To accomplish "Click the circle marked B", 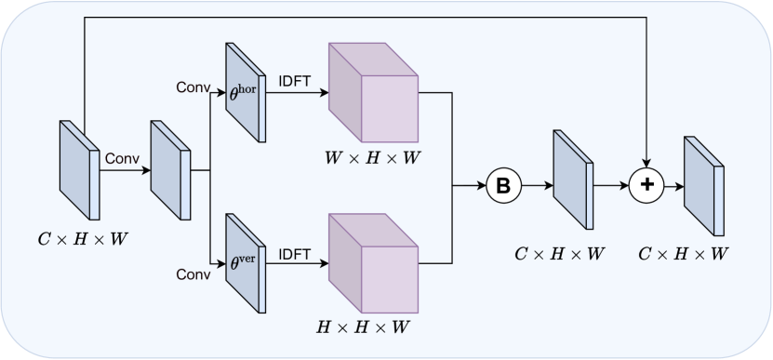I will pyautogui.click(x=503, y=186).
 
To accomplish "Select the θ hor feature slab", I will pyautogui.click(x=245, y=92).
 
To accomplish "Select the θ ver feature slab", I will pyautogui.click(x=245, y=263).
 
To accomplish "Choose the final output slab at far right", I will pyautogui.click(x=703, y=186).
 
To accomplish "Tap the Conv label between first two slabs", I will pyautogui.click(x=121, y=158).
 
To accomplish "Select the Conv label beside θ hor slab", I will pyautogui.click(x=193, y=87).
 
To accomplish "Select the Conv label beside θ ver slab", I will pyautogui.click(x=193, y=275).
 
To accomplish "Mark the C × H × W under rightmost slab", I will pyautogui.click(x=684, y=254).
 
